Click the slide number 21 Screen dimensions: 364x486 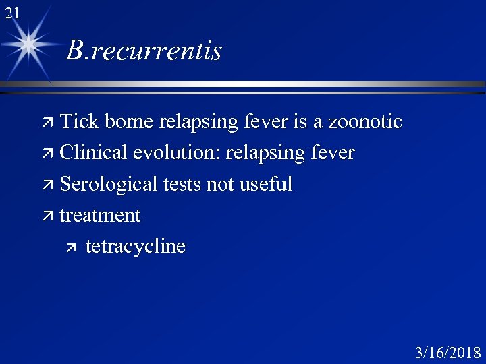point(11,12)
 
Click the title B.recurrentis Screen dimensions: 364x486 point(144,51)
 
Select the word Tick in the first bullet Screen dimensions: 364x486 point(78,122)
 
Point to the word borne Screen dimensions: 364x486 point(128,122)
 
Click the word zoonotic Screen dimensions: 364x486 point(364,122)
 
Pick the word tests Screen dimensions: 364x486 point(183,184)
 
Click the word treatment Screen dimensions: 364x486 point(100,216)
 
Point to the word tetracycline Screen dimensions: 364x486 point(135,247)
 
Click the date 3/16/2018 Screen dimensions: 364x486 point(448,353)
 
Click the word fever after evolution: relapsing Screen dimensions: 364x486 point(330,153)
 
